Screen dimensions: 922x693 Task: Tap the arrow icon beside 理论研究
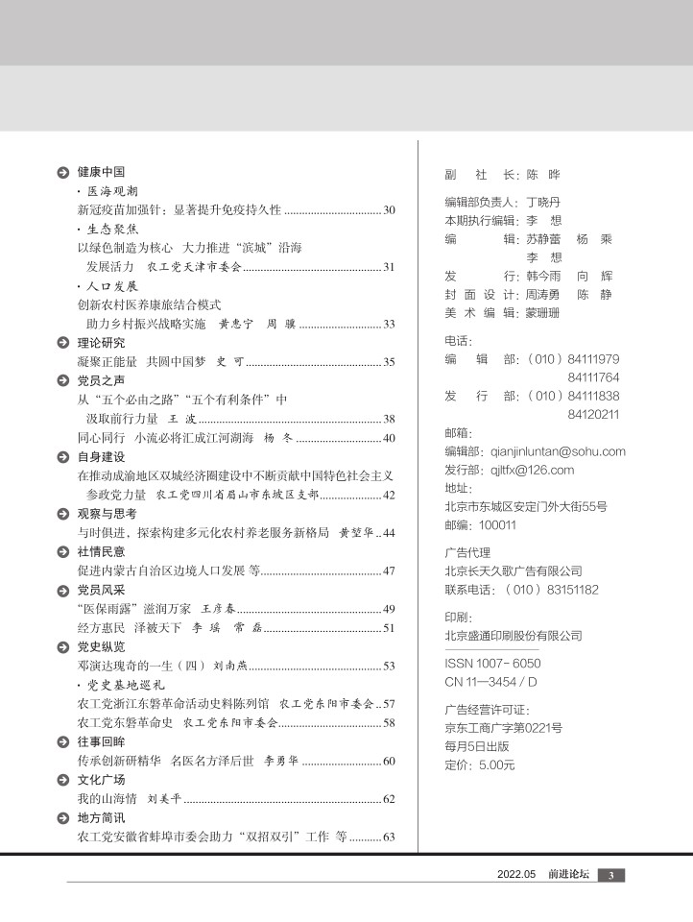coord(62,343)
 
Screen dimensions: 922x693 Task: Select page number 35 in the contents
coord(389,362)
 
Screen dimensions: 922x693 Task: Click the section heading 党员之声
coord(101,380)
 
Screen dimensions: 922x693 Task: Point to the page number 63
coord(389,837)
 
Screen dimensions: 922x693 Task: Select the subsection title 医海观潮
coord(111,191)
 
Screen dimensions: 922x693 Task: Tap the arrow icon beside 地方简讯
coord(62,817)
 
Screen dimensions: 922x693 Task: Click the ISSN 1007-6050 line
coord(492,663)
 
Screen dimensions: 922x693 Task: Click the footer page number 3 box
coord(611,875)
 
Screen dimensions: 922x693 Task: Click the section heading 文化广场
coord(101,779)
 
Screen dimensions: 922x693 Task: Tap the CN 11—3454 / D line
coord(490,681)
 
